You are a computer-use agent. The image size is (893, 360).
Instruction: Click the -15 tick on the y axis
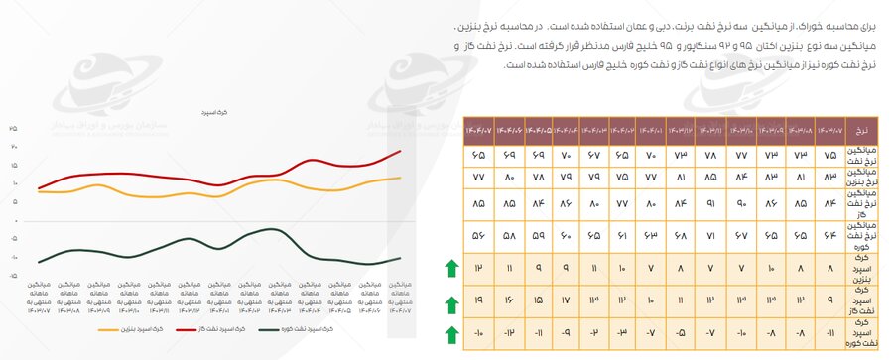pyautogui.click(x=13, y=277)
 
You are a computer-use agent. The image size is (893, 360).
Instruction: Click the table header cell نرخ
pyautogui.click(x=861, y=131)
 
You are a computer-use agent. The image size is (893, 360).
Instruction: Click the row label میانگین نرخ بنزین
pyautogui.click(x=861, y=178)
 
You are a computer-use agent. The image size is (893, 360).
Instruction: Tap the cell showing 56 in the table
pyautogui.click(x=479, y=237)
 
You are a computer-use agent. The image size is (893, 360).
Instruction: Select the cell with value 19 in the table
pyautogui.click(x=479, y=300)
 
